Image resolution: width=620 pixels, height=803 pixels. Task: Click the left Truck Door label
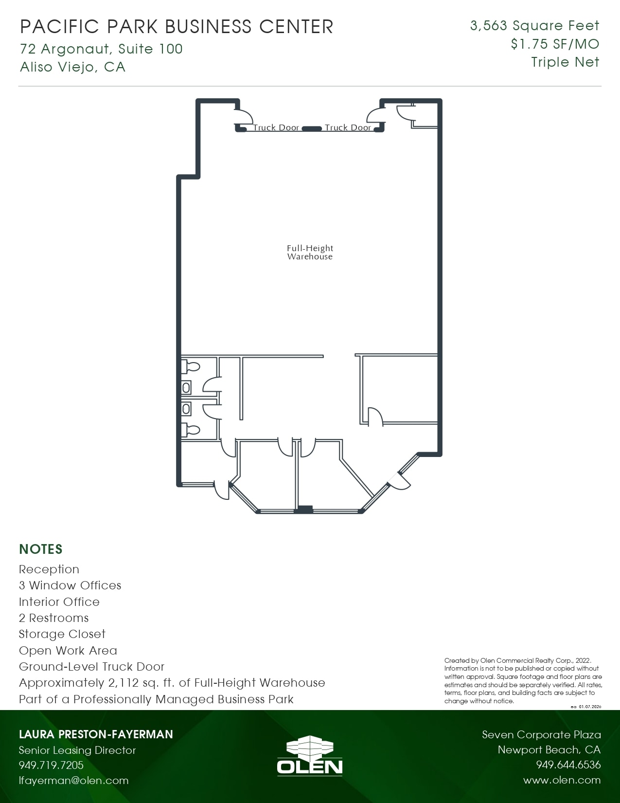click(276, 128)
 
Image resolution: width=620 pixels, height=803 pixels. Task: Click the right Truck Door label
click(348, 128)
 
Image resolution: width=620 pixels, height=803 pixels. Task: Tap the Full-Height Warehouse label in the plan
click(310, 252)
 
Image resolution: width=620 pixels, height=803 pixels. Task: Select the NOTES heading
click(41, 549)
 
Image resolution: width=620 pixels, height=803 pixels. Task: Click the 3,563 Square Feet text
click(534, 26)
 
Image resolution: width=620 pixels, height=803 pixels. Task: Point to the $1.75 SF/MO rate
click(555, 44)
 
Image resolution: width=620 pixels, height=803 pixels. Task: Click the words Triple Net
click(565, 62)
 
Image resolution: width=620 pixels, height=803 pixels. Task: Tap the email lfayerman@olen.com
click(73, 780)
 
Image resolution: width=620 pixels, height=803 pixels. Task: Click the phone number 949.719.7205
click(51, 765)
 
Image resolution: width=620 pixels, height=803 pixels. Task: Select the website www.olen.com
click(562, 780)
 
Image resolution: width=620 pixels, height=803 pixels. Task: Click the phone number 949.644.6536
click(568, 765)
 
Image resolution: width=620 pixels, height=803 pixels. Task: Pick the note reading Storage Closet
click(62, 634)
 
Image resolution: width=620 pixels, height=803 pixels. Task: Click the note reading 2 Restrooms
click(53, 618)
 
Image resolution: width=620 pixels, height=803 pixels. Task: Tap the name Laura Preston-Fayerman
click(96, 734)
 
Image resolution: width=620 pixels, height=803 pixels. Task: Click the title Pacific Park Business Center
click(177, 27)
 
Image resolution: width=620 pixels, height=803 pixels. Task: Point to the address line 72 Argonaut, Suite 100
click(101, 49)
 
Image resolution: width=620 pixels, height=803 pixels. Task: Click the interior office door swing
click(375, 417)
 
